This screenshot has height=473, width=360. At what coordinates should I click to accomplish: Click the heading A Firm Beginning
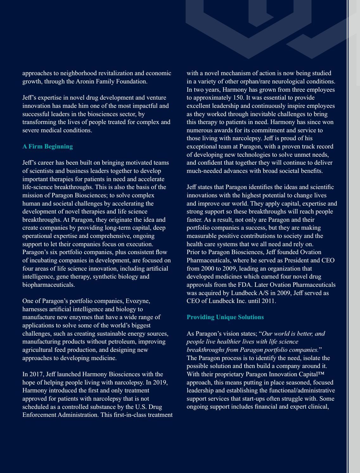48,147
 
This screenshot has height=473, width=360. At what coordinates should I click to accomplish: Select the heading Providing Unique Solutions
225,317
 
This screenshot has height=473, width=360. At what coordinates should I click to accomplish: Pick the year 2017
36,374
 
